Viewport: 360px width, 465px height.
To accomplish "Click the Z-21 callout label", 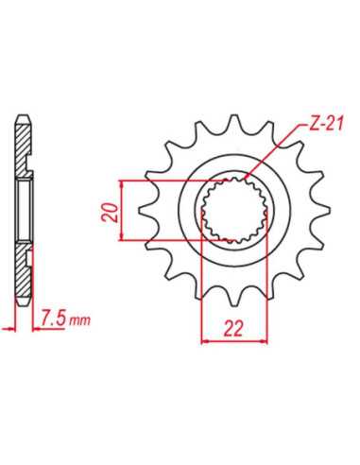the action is click(x=324, y=124).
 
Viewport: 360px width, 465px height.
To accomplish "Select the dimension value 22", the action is click(x=233, y=329).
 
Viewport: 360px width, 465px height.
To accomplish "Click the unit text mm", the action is click(x=79, y=320).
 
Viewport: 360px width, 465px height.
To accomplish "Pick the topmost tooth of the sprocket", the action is click(x=234, y=121).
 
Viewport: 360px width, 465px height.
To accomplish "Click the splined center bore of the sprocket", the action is click(x=234, y=210).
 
